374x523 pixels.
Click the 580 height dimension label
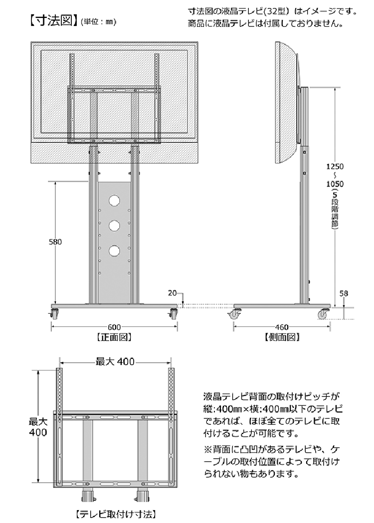point(55,242)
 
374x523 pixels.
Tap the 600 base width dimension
point(114,327)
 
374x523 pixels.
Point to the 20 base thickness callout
point(173,293)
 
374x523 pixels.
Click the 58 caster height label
point(344,293)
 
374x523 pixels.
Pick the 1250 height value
point(335,166)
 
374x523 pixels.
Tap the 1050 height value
point(335,184)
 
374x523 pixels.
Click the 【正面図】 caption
point(114,337)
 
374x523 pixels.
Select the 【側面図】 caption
point(282,337)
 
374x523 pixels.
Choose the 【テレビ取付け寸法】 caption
point(117,514)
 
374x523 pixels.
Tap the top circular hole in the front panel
point(114,201)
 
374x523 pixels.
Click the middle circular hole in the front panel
point(114,226)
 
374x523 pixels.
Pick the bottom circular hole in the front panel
point(114,251)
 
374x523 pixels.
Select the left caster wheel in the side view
point(236,314)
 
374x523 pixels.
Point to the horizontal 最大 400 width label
point(115,361)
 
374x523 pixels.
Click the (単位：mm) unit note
point(98,22)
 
